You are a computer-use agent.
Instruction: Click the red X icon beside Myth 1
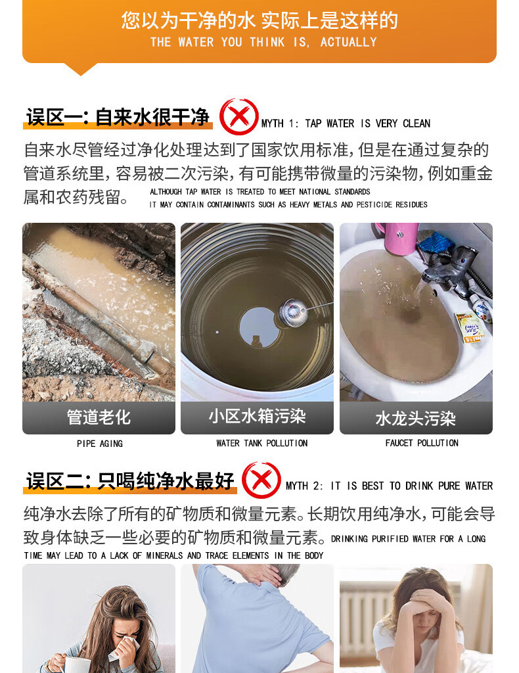[238, 116]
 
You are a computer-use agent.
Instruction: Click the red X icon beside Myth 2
[261, 480]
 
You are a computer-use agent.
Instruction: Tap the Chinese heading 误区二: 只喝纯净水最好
[130, 481]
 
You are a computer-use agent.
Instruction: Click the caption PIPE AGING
[100, 444]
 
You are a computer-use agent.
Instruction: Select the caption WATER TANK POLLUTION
[262, 443]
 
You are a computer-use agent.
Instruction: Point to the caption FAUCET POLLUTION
[422, 443]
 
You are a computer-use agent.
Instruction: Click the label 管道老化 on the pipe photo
[99, 417]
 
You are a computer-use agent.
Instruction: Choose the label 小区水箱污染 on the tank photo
[257, 416]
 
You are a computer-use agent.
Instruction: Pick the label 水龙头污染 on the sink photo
[415, 419]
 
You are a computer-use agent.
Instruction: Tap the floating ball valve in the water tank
[290, 311]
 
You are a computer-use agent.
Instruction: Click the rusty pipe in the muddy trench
[92, 309]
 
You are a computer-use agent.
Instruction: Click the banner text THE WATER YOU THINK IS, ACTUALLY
[263, 42]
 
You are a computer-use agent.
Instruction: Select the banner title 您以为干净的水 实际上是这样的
[259, 20]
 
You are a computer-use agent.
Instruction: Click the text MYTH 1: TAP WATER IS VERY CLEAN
[346, 124]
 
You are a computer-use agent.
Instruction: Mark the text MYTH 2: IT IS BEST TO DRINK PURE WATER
[389, 486]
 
